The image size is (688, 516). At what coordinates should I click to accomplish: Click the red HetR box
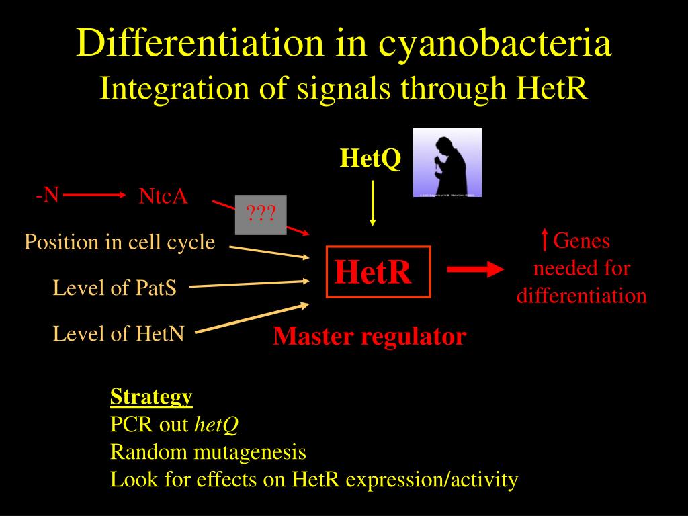pos(377,272)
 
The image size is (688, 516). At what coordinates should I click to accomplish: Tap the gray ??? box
pos(261,215)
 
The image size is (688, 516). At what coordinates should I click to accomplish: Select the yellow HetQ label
pos(370,159)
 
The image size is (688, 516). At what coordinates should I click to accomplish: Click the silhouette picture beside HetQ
pos(447,163)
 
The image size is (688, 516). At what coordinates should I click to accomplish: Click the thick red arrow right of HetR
pos(475,269)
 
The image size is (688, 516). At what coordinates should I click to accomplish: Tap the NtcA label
pos(163,196)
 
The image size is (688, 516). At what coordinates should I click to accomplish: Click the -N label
pos(48,195)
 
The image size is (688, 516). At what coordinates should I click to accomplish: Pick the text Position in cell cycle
pos(120,242)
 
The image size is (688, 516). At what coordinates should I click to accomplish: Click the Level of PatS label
pos(115,288)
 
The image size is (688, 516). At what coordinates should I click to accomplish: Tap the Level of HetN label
pos(118,333)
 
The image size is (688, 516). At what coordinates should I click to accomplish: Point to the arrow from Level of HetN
pos(251,318)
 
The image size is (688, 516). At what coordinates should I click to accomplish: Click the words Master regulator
pos(369,336)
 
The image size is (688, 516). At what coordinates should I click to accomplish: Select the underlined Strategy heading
pos(151,396)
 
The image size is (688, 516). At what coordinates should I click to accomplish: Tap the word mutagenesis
pos(249,452)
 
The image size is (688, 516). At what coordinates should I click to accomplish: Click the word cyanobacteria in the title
pos(494,44)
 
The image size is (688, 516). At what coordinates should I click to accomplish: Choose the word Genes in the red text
pos(581,241)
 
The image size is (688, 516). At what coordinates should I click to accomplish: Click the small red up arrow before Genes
pos(544,240)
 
